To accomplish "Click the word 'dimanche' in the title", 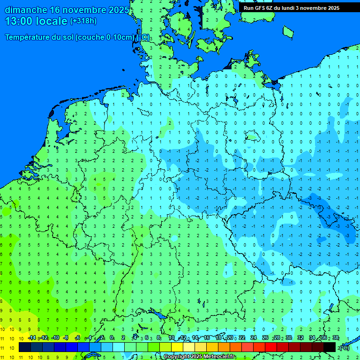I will click(26, 10).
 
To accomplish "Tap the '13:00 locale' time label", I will click(37, 21).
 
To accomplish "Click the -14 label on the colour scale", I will click(32, 338).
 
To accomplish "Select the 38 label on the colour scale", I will click(336, 338).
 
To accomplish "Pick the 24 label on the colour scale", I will click(254, 338).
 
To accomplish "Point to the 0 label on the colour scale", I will click(112, 338).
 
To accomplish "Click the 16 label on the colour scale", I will click(207, 338).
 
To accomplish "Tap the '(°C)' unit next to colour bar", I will click(345, 347).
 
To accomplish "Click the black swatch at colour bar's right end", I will click(330, 347).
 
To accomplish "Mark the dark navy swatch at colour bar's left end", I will click(25, 347).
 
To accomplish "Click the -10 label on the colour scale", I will click(55, 338).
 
